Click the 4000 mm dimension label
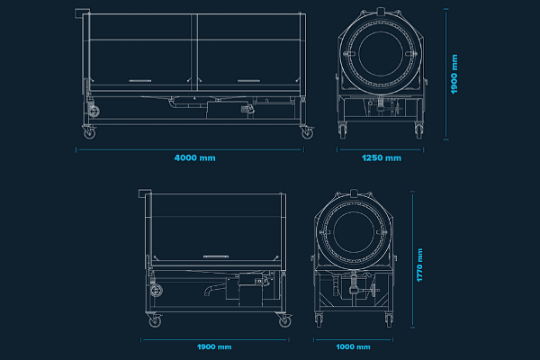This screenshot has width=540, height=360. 194,157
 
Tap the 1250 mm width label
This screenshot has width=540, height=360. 381,157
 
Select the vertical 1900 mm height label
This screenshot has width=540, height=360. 454,75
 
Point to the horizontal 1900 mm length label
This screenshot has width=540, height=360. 213,346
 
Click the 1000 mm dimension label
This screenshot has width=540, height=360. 353,346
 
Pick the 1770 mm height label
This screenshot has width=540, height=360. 419,266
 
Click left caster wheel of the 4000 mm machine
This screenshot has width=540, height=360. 88,132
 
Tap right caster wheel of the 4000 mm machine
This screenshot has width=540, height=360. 307,132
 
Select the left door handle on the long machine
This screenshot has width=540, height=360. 143,81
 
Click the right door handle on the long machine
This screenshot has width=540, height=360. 250,81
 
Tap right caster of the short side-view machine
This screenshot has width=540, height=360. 283,319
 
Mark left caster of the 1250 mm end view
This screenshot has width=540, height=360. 344,132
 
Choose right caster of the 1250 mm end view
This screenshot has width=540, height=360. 418,132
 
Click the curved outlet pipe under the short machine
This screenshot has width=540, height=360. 211,289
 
